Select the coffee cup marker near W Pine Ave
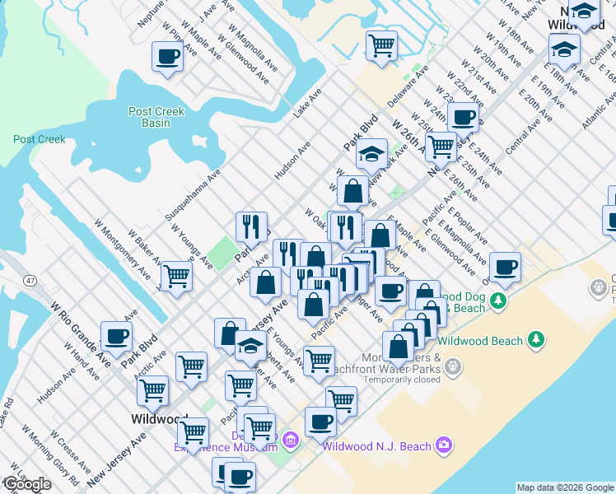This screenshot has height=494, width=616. coord(167,58)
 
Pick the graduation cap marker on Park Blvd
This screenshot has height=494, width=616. coord(371,154)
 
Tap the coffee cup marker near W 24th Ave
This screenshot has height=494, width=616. coord(463,117)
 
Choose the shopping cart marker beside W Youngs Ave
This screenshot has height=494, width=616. coord(175,277)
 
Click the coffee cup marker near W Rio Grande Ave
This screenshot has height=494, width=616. coord(116,336)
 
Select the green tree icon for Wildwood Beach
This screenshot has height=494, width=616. coord(535,338)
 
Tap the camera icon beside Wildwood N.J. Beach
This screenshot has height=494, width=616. coord(445,445)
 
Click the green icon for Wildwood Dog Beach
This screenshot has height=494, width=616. coord(497,301)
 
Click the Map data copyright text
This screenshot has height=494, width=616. coord(565,487)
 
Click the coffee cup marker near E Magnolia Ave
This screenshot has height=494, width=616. coord(505,267)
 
